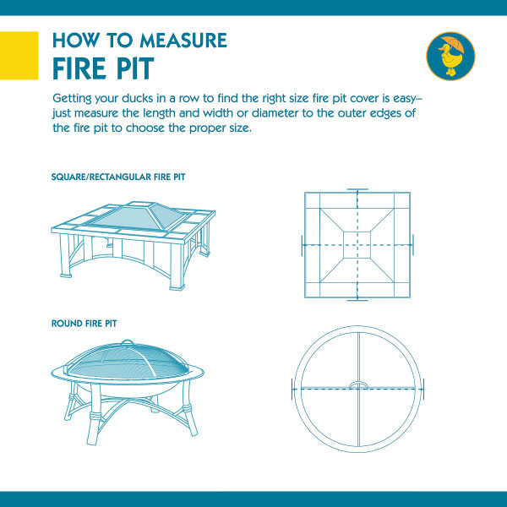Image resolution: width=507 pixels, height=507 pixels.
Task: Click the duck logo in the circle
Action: [450, 56]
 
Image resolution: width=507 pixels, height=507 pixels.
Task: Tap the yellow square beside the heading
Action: [19, 55]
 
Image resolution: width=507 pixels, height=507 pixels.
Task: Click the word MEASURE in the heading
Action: [183, 40]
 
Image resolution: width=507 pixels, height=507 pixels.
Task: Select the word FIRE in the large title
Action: [79, 68]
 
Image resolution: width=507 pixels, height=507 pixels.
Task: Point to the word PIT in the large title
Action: [135, 68]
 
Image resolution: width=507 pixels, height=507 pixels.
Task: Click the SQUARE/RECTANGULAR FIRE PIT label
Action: [118, 177]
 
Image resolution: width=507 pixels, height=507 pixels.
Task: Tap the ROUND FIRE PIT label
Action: [84, 324]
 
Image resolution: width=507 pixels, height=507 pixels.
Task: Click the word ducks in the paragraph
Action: [138, 98]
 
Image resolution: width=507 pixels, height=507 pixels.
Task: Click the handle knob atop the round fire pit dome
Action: [127, 342]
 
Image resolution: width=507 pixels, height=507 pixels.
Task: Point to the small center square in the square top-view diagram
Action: [357, 245]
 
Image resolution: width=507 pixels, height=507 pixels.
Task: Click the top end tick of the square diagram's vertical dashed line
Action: [357, 189]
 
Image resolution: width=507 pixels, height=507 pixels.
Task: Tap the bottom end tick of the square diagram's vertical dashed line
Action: [357, 300]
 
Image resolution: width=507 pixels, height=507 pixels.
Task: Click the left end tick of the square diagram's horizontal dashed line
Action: [302, 245]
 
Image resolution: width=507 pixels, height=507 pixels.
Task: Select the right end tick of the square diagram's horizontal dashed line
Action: [413, 245]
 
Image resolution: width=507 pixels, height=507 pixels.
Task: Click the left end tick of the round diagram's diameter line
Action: [292, 389]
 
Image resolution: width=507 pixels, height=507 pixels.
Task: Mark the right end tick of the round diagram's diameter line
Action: [423, 389]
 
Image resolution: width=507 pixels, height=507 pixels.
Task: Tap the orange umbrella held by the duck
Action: [453, 43]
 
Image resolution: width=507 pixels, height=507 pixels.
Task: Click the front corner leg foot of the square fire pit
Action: [177, 287]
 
